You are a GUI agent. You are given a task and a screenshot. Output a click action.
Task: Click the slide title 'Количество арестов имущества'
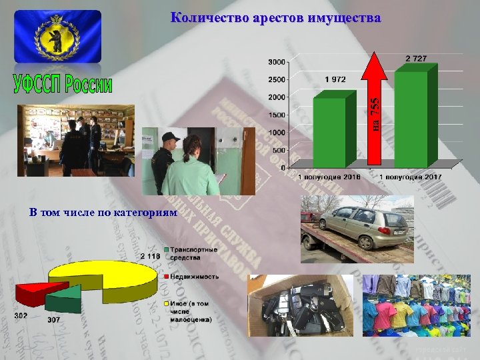276,18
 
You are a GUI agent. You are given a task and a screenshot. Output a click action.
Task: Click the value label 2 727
417,59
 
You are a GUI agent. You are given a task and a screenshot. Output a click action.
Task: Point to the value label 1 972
335,79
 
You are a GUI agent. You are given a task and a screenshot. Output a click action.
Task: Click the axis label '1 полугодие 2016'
329,177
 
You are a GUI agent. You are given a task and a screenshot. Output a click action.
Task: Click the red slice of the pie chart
33,291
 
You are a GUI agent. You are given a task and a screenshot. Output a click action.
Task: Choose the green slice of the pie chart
65,298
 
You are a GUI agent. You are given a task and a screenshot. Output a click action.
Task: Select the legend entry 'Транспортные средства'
193,253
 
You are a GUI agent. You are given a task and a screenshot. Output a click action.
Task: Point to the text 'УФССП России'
63,85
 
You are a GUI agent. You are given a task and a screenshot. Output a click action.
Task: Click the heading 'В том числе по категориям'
103,213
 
